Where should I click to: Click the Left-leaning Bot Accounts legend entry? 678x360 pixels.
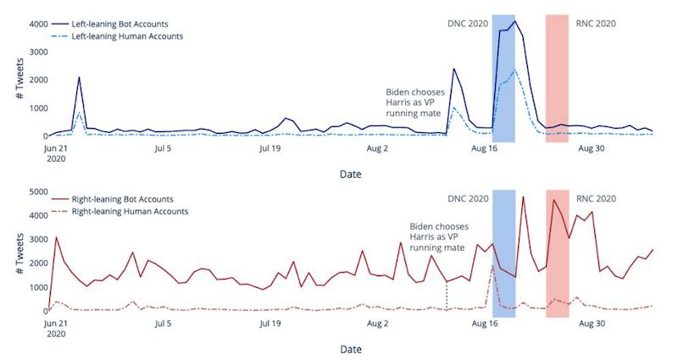118,23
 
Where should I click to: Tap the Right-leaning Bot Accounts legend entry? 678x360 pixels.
122,198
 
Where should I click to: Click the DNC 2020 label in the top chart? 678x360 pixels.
467,23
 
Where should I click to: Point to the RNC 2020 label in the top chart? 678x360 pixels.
596,23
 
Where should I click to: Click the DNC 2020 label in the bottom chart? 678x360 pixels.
467,199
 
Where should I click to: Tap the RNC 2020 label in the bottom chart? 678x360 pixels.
596,199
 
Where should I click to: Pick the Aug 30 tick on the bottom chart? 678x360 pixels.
590,324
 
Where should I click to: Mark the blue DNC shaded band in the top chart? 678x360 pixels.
503,76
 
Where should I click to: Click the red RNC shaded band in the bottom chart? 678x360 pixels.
557,254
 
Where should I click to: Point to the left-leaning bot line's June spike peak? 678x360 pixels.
79,77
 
